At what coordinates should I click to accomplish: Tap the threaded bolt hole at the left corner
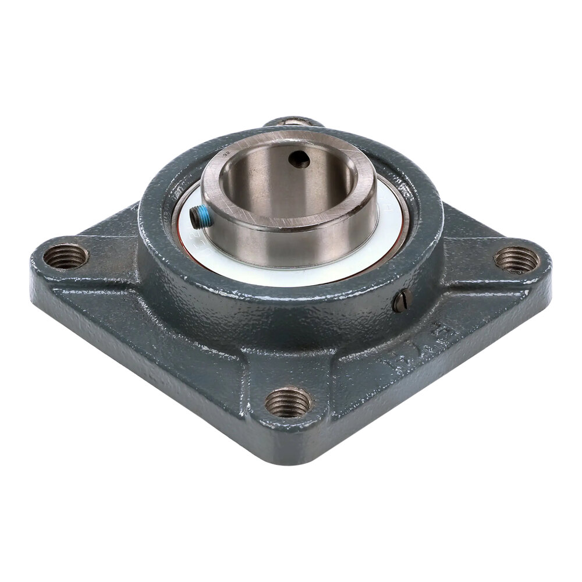(x=66, y=255)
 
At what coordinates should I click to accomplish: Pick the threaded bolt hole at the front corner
(x=289, y=402)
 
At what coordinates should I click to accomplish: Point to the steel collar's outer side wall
(x=291, y=244)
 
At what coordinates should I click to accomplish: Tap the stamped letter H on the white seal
(x=385, y=207)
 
